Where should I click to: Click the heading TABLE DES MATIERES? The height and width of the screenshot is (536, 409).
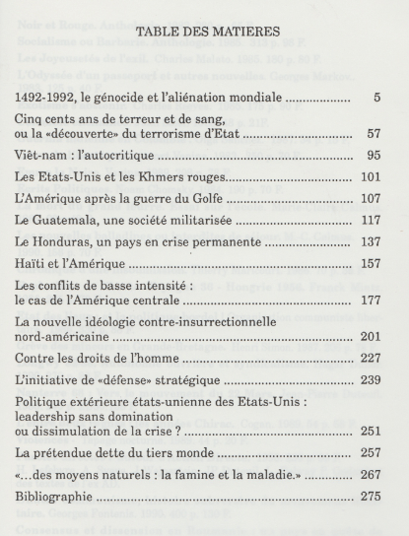pyautogui.click(x=204, y=31)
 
